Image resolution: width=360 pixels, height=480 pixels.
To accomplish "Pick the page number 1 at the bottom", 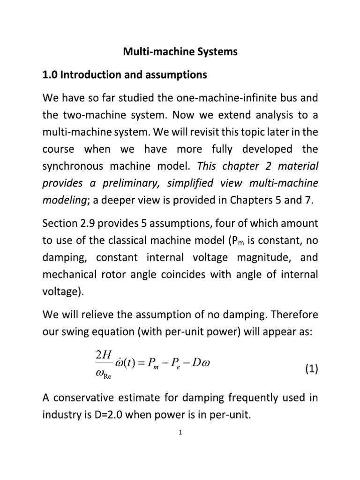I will tap(180, 433).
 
